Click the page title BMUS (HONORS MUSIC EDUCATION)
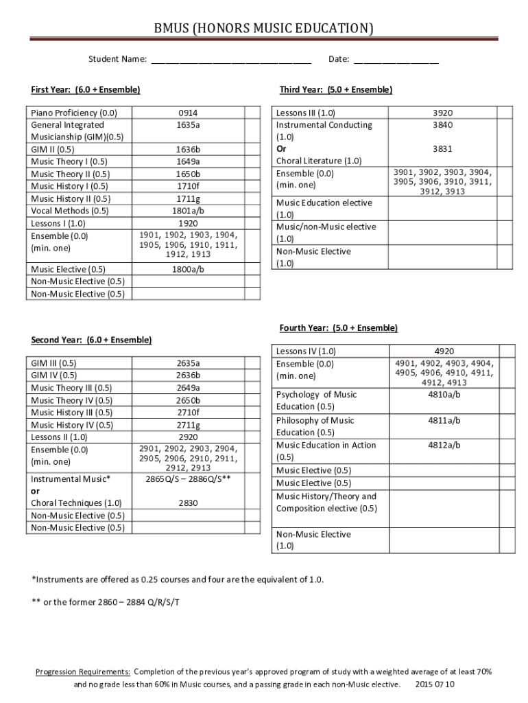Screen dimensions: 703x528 pyautogui.click(x=264, y=28)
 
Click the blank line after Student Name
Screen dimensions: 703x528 pyautogui.click(x=231, y=60)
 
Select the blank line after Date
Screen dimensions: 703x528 pyautogui.click(x=396, y=60)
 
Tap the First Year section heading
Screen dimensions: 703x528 pyautogui.click(x=86, y=90)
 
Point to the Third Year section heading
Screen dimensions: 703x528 pyautogui.click(x=336, y=90)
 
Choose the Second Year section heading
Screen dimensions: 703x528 pyautogui.click(x=91, y=340)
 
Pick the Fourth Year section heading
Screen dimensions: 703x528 pyautogui.click(x=338, y=328)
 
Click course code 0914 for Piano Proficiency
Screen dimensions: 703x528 pyautogui.click(x=188, y=113)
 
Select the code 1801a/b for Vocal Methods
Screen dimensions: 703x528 pyautogui.click(x=188, y=211)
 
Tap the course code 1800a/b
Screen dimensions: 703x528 pyautogui.click(x=188, y=269)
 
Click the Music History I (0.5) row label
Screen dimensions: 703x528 pyautogui.click(x=69, y=186)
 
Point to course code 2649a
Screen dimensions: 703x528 pyautogui.click(x=188, y=388)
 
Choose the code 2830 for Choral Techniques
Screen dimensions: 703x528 pyautogui.click(x=188, y=503)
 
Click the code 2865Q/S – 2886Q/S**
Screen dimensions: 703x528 pyautogui.click(x=188, y=479)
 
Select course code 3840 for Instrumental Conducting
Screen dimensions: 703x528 pyautogui.click(x=442, y=125)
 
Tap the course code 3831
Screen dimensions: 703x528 pyautogui.click(x=442, y=148)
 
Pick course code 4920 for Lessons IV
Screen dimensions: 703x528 pyautogui.click(x=444, y=351)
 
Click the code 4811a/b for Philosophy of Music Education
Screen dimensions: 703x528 pyautogui.click(x=444, y=420)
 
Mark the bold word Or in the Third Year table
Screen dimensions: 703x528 pyautogui.click(x=281, y=148)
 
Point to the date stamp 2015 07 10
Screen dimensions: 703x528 pyautogui.click(x=435, y=684)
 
